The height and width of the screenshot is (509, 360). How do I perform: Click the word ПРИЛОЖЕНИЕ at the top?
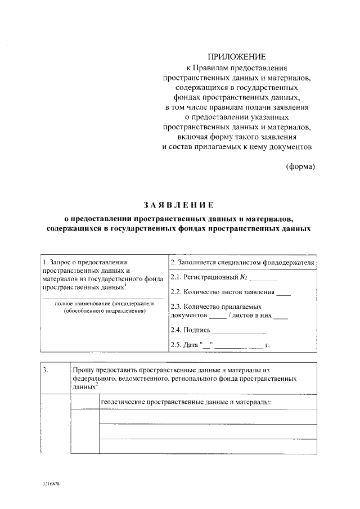pos(236,57)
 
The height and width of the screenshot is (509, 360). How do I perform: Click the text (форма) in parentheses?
pos(300,166)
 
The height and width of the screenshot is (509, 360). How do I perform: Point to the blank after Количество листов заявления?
pos(284,292)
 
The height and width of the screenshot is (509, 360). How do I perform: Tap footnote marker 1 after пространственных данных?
pos(125,284)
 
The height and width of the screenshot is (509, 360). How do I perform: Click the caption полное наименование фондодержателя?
pos(104,304)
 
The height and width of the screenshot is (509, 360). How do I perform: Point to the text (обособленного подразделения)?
pos(104,310)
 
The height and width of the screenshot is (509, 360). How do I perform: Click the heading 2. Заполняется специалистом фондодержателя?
pos(241,262)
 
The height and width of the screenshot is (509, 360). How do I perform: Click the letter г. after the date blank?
pos(268,344)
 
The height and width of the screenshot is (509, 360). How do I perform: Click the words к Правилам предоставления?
pos(236,67)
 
